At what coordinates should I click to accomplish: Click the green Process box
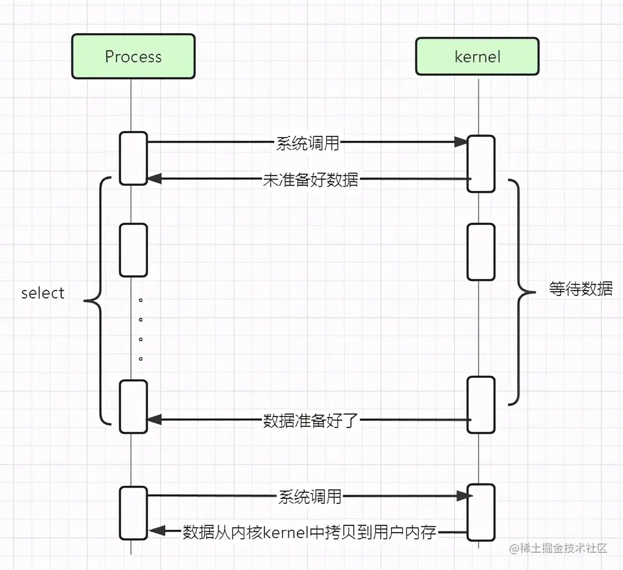pos(133,56)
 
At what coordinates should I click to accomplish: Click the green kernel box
pos(477,57)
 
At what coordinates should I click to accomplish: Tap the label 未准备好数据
pos(310,180)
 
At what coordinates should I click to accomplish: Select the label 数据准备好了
pos(310,421)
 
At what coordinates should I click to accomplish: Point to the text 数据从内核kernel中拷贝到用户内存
pos(310,532)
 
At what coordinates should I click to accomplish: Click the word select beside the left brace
pos(43,293)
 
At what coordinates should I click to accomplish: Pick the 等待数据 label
pos(581,289)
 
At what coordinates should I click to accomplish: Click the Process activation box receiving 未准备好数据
pos(133,158)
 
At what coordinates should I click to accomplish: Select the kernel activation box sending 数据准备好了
pos(480,404)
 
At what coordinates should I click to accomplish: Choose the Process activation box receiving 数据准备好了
pos(133,406)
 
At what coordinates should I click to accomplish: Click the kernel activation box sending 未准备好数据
pos(480,163)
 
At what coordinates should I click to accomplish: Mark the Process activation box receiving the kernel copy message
pos(133,513)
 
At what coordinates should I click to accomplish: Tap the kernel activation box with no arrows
pos(480,251)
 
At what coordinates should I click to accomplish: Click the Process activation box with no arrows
pos(133,250)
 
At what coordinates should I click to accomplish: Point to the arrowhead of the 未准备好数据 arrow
pos(154,179)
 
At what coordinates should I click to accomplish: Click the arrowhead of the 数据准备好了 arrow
pos(154,420)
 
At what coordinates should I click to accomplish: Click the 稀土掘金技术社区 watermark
pos(558,548)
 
